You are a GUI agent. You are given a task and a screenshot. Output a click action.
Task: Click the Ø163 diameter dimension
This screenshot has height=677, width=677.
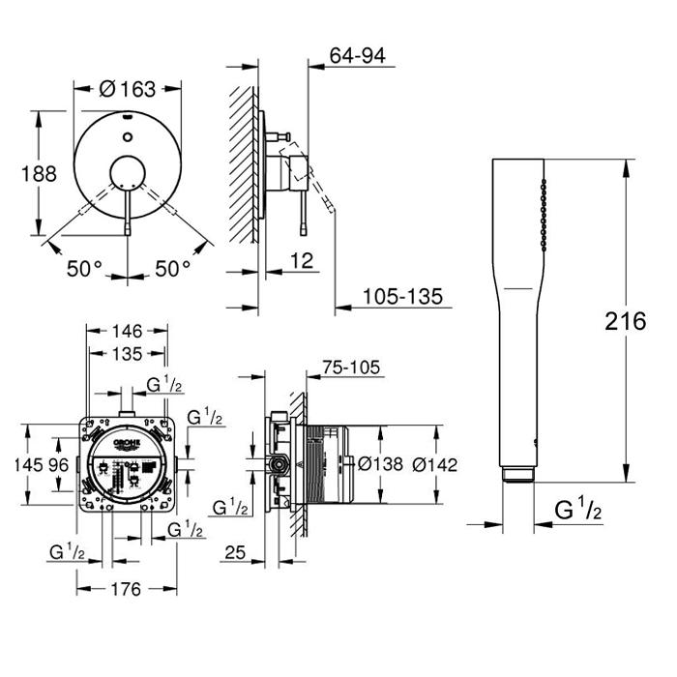point(128,90)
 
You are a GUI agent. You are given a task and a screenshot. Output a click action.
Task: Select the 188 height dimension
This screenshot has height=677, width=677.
point(39,173)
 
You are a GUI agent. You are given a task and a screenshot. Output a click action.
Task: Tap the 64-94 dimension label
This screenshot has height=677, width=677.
point(357,57)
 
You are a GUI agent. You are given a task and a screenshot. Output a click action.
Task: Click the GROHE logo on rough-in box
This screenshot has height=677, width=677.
point(128,442)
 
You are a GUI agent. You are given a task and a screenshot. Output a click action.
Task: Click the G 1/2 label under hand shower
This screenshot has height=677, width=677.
point(578,510)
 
